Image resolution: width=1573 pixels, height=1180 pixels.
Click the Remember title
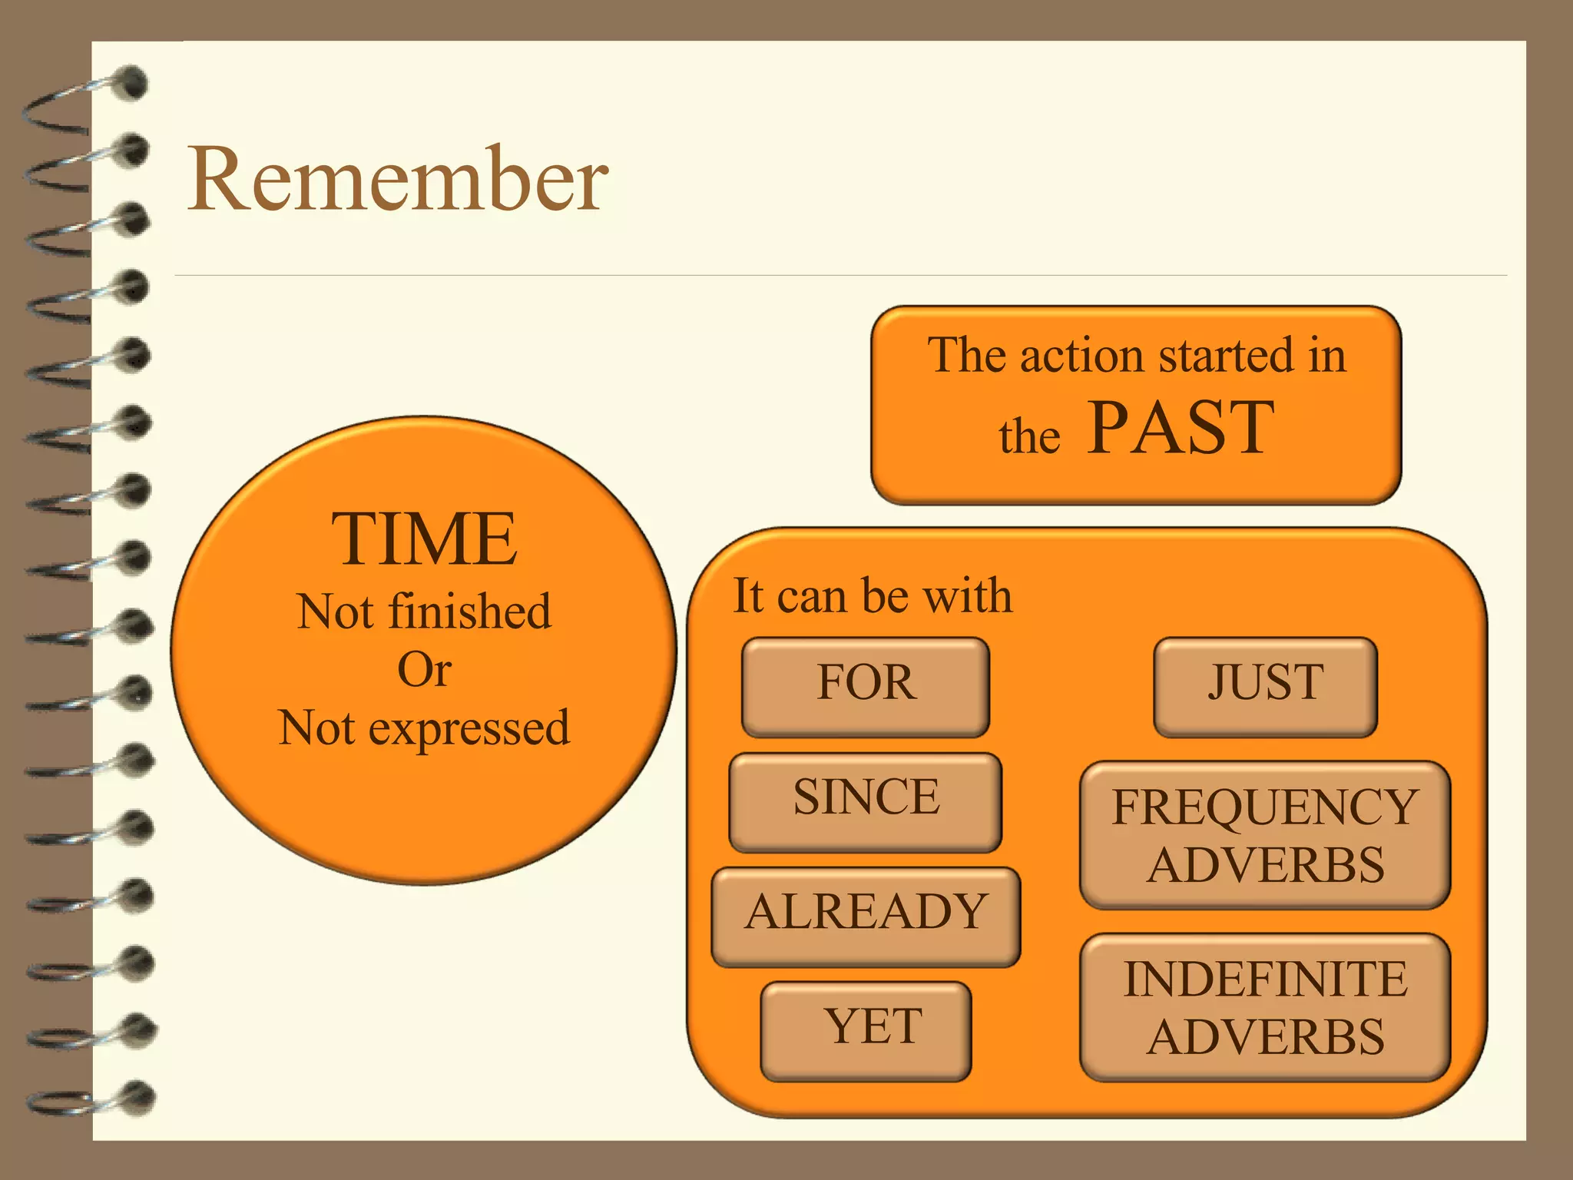pyautogui.click(x=398, y=180)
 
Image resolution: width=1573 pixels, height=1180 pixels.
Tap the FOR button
pyautogui.click(x=866, y=686)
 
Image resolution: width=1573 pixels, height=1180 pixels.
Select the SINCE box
pyautogui.click(x=866, y=801)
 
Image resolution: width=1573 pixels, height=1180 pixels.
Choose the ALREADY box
pyautogui.click(x=866, y=916)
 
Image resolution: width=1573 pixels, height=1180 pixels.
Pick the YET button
pyautogui.click(x=866, y=1030)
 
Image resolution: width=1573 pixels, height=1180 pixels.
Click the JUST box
pyautogui.click(x=1265, y=686)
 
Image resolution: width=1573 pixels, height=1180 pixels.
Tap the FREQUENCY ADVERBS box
pyautogui.click(x=1264, y=835)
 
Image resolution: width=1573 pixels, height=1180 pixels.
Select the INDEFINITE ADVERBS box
pyautogui.click(x=1264, y=1007)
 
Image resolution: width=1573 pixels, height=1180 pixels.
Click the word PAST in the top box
pyautogui.click(x=1181, y=429)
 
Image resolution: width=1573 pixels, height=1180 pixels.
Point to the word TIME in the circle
pyautogui.click(x=424, y=540)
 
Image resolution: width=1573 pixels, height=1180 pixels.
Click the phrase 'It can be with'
pyautogui.click(x=873, y=596)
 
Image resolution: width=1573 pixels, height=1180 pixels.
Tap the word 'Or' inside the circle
pyautogui.click(x=424, y=670)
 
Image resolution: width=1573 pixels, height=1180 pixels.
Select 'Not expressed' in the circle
pyautogui.click(x=424, y=728)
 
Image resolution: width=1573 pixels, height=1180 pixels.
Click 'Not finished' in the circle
pyautogui.click(x=424, y=612)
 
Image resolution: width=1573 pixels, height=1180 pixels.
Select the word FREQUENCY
pyautogui.click(x=1264, y=807)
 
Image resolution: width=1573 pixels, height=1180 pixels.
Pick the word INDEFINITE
pyautogui.click(x=1264, y=979)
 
